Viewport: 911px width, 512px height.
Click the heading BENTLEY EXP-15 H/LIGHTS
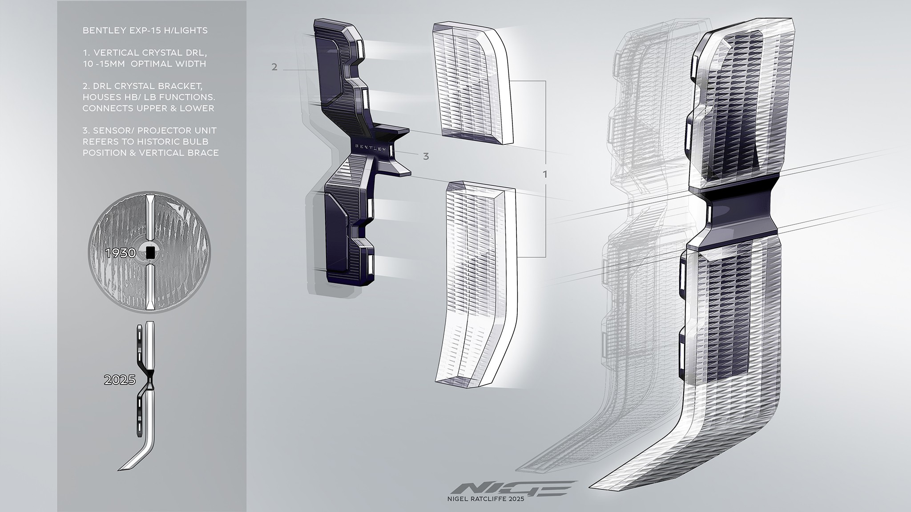click(x=145, y=31)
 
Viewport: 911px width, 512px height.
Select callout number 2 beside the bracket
click(x=274, y=67)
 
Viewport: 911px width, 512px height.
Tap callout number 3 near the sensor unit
click(x=426, y=156)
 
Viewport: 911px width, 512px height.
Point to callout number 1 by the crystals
click(x=545, y=175)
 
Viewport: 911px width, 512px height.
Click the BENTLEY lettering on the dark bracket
click(x=371, y=148)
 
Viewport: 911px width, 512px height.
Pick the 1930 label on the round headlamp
click(x=121, y=253)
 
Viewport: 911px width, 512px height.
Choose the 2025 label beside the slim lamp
click(x=119, y=380)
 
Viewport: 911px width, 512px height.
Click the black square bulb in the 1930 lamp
click(x=150, y=253)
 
